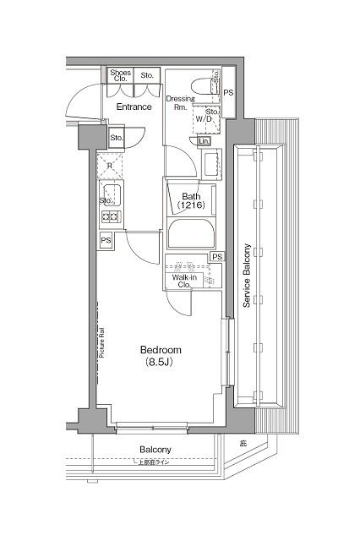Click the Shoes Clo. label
point(120,77)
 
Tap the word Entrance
point(134,107)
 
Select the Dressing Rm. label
point(180,103)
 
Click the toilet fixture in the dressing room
point(201,86)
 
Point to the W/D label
point(205,120)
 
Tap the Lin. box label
point(205,141)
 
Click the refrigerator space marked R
point(110,166)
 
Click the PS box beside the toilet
point(228,91)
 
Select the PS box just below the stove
point(106,241)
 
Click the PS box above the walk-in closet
point(217,257)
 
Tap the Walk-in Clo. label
point(185,281)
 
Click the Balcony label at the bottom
point(155,450)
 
